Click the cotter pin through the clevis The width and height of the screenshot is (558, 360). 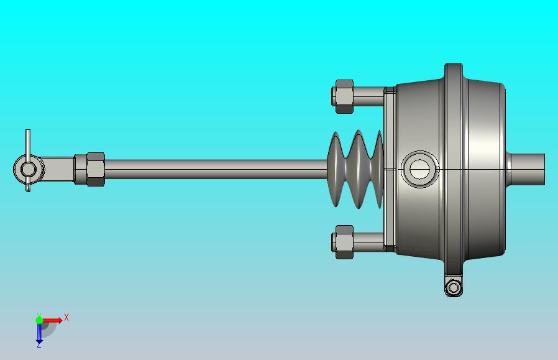pos(28,142)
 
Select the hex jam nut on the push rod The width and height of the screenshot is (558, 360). pos(95,169)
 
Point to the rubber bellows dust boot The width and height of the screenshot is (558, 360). pos(356,169)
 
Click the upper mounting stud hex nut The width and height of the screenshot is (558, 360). pos(344,96)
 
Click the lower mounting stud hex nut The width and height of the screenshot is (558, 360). pos(344,242)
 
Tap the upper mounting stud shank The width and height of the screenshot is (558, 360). pos(368,96)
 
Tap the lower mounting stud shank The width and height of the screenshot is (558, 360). pos(368,242)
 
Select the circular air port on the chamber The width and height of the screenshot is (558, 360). pos(419,169)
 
